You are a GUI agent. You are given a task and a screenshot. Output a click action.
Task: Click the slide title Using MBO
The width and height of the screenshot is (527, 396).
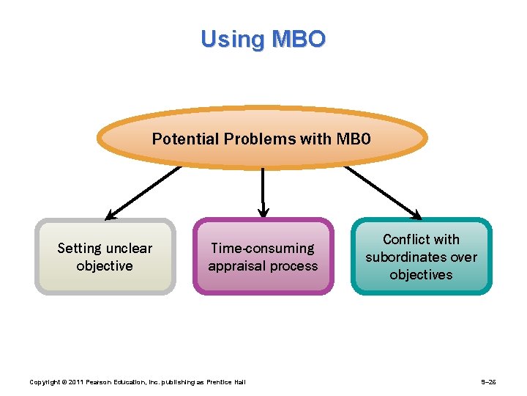[263, 38]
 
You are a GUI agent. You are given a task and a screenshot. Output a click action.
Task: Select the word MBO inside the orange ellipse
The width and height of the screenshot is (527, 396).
[354, 139]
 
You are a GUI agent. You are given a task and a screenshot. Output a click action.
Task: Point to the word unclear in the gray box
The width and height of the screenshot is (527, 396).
[130, 249]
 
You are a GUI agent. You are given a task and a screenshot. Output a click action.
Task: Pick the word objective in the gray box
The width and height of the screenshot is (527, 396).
[105, 266]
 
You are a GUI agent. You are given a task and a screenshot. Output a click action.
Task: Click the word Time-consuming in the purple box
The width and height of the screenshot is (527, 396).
[263, 249]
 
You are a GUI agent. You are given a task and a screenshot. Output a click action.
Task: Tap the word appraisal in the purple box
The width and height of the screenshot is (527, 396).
[236, 266]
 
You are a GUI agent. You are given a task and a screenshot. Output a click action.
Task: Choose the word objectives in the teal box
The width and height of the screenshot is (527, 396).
[421, 275]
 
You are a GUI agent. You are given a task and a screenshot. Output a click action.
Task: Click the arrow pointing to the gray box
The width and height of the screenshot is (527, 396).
[143, 193]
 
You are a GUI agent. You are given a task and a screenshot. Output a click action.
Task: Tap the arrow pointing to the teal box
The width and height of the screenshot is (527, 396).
[382, 193]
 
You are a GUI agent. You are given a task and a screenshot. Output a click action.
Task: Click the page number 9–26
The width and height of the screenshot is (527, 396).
[488, 382]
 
